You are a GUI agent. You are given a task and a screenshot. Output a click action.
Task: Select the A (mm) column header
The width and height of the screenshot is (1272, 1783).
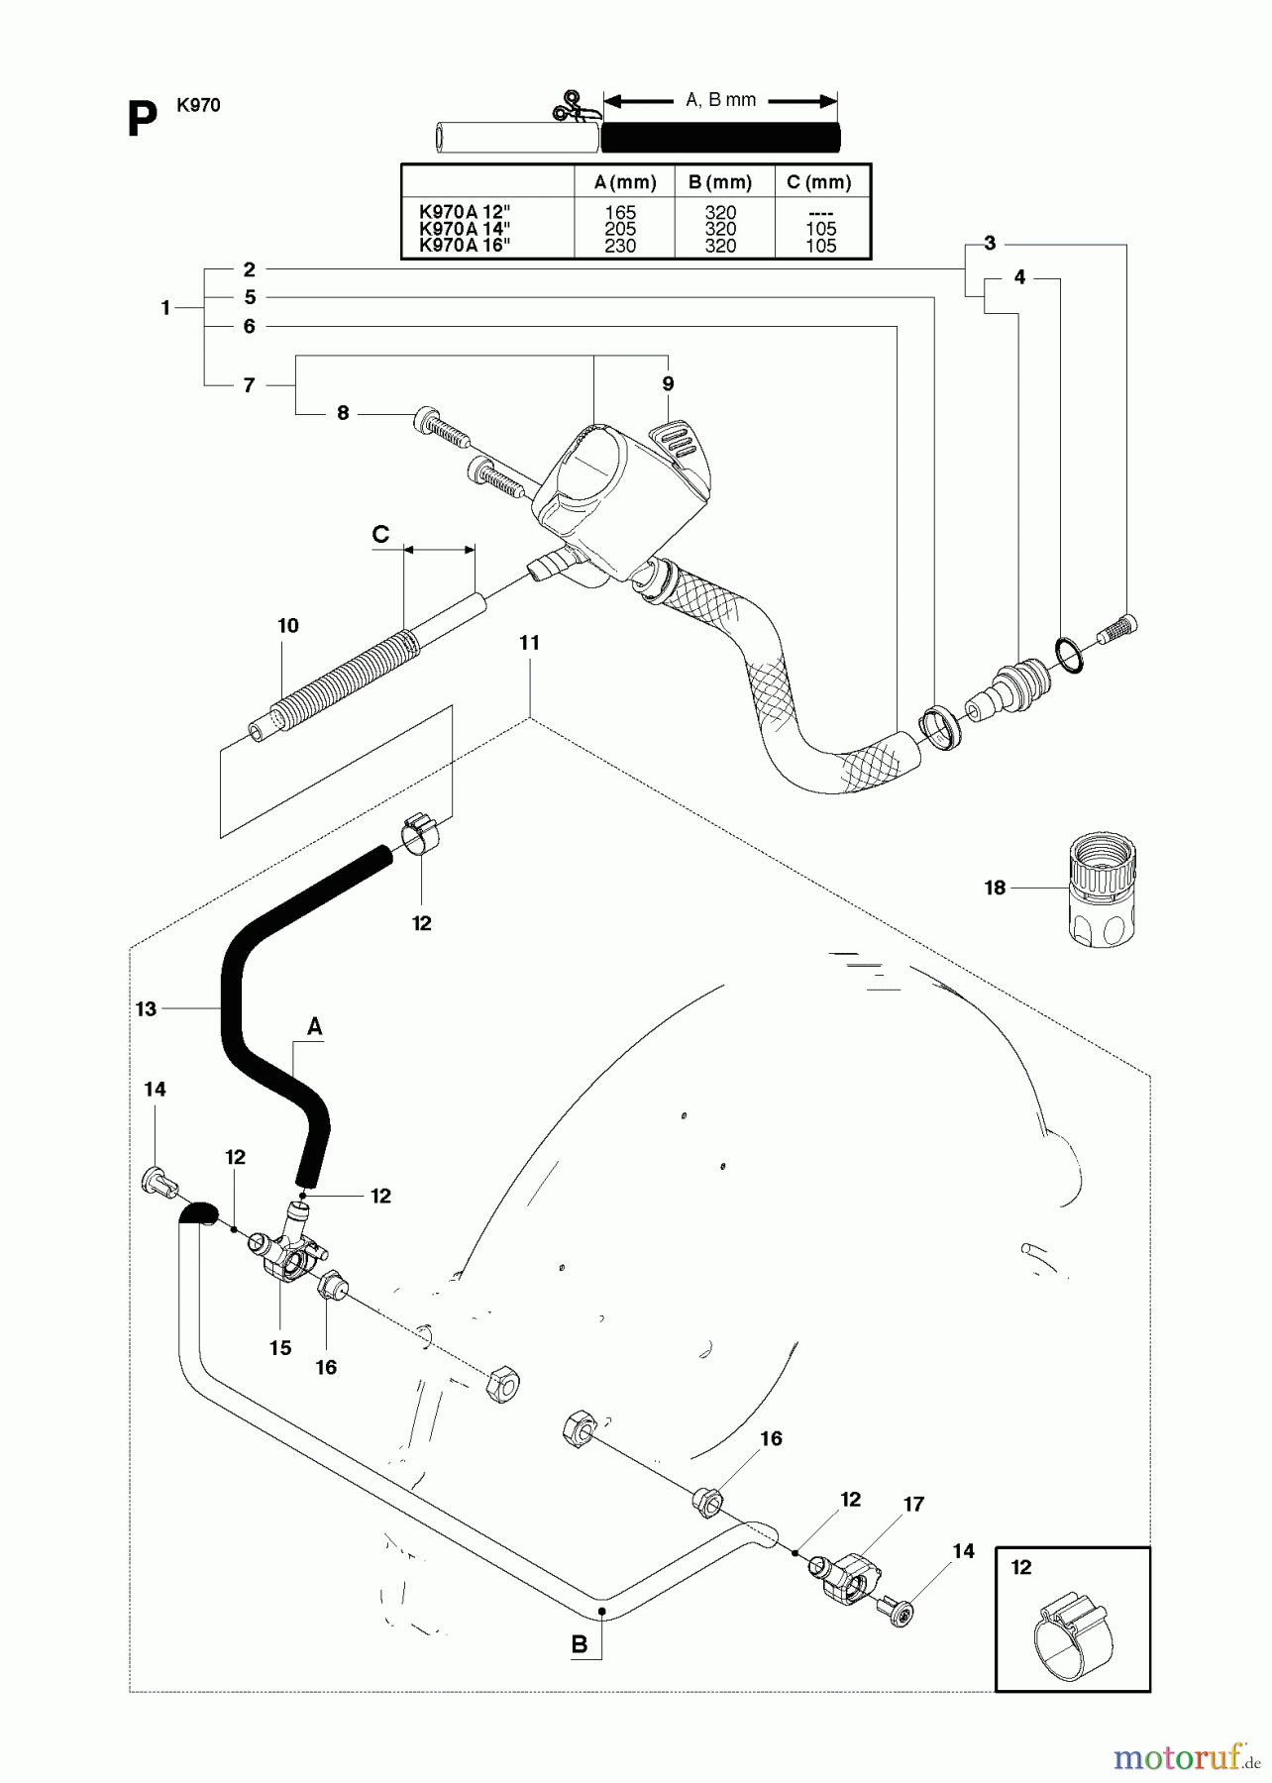[x=624, y=182]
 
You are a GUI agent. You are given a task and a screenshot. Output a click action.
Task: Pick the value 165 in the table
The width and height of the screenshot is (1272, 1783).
[x=620, y=212]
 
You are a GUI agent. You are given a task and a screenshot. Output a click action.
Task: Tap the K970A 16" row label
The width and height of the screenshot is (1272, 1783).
[x=465, y=246]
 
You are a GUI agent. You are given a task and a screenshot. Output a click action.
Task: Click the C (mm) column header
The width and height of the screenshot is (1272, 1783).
[x=818, y=182]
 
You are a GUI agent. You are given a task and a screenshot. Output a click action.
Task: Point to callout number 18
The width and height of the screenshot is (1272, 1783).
[x=995, y=889]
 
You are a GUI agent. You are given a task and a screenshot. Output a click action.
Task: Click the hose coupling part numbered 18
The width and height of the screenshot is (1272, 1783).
[x=1103, y=890]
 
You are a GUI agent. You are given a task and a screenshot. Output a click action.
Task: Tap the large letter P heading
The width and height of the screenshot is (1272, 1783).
[x=142, y=121]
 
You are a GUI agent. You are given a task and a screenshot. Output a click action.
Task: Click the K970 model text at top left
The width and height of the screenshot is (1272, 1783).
[x=198, y=105]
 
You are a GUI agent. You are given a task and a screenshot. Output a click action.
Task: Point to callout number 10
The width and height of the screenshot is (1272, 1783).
[x=287, y=626]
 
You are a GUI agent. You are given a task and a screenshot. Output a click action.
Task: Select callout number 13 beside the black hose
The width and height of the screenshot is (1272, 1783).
[x=146, y=1009]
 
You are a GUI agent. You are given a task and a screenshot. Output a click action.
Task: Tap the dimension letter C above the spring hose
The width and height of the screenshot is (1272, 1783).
[x=380, y=535]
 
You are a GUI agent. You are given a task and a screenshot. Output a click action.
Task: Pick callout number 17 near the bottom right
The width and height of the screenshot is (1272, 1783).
[x=913, y=1505]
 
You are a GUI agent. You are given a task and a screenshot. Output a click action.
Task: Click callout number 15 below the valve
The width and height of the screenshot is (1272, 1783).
[x=280, y=1347]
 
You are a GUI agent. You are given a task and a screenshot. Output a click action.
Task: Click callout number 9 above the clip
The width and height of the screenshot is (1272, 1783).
[x=668, y=383]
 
